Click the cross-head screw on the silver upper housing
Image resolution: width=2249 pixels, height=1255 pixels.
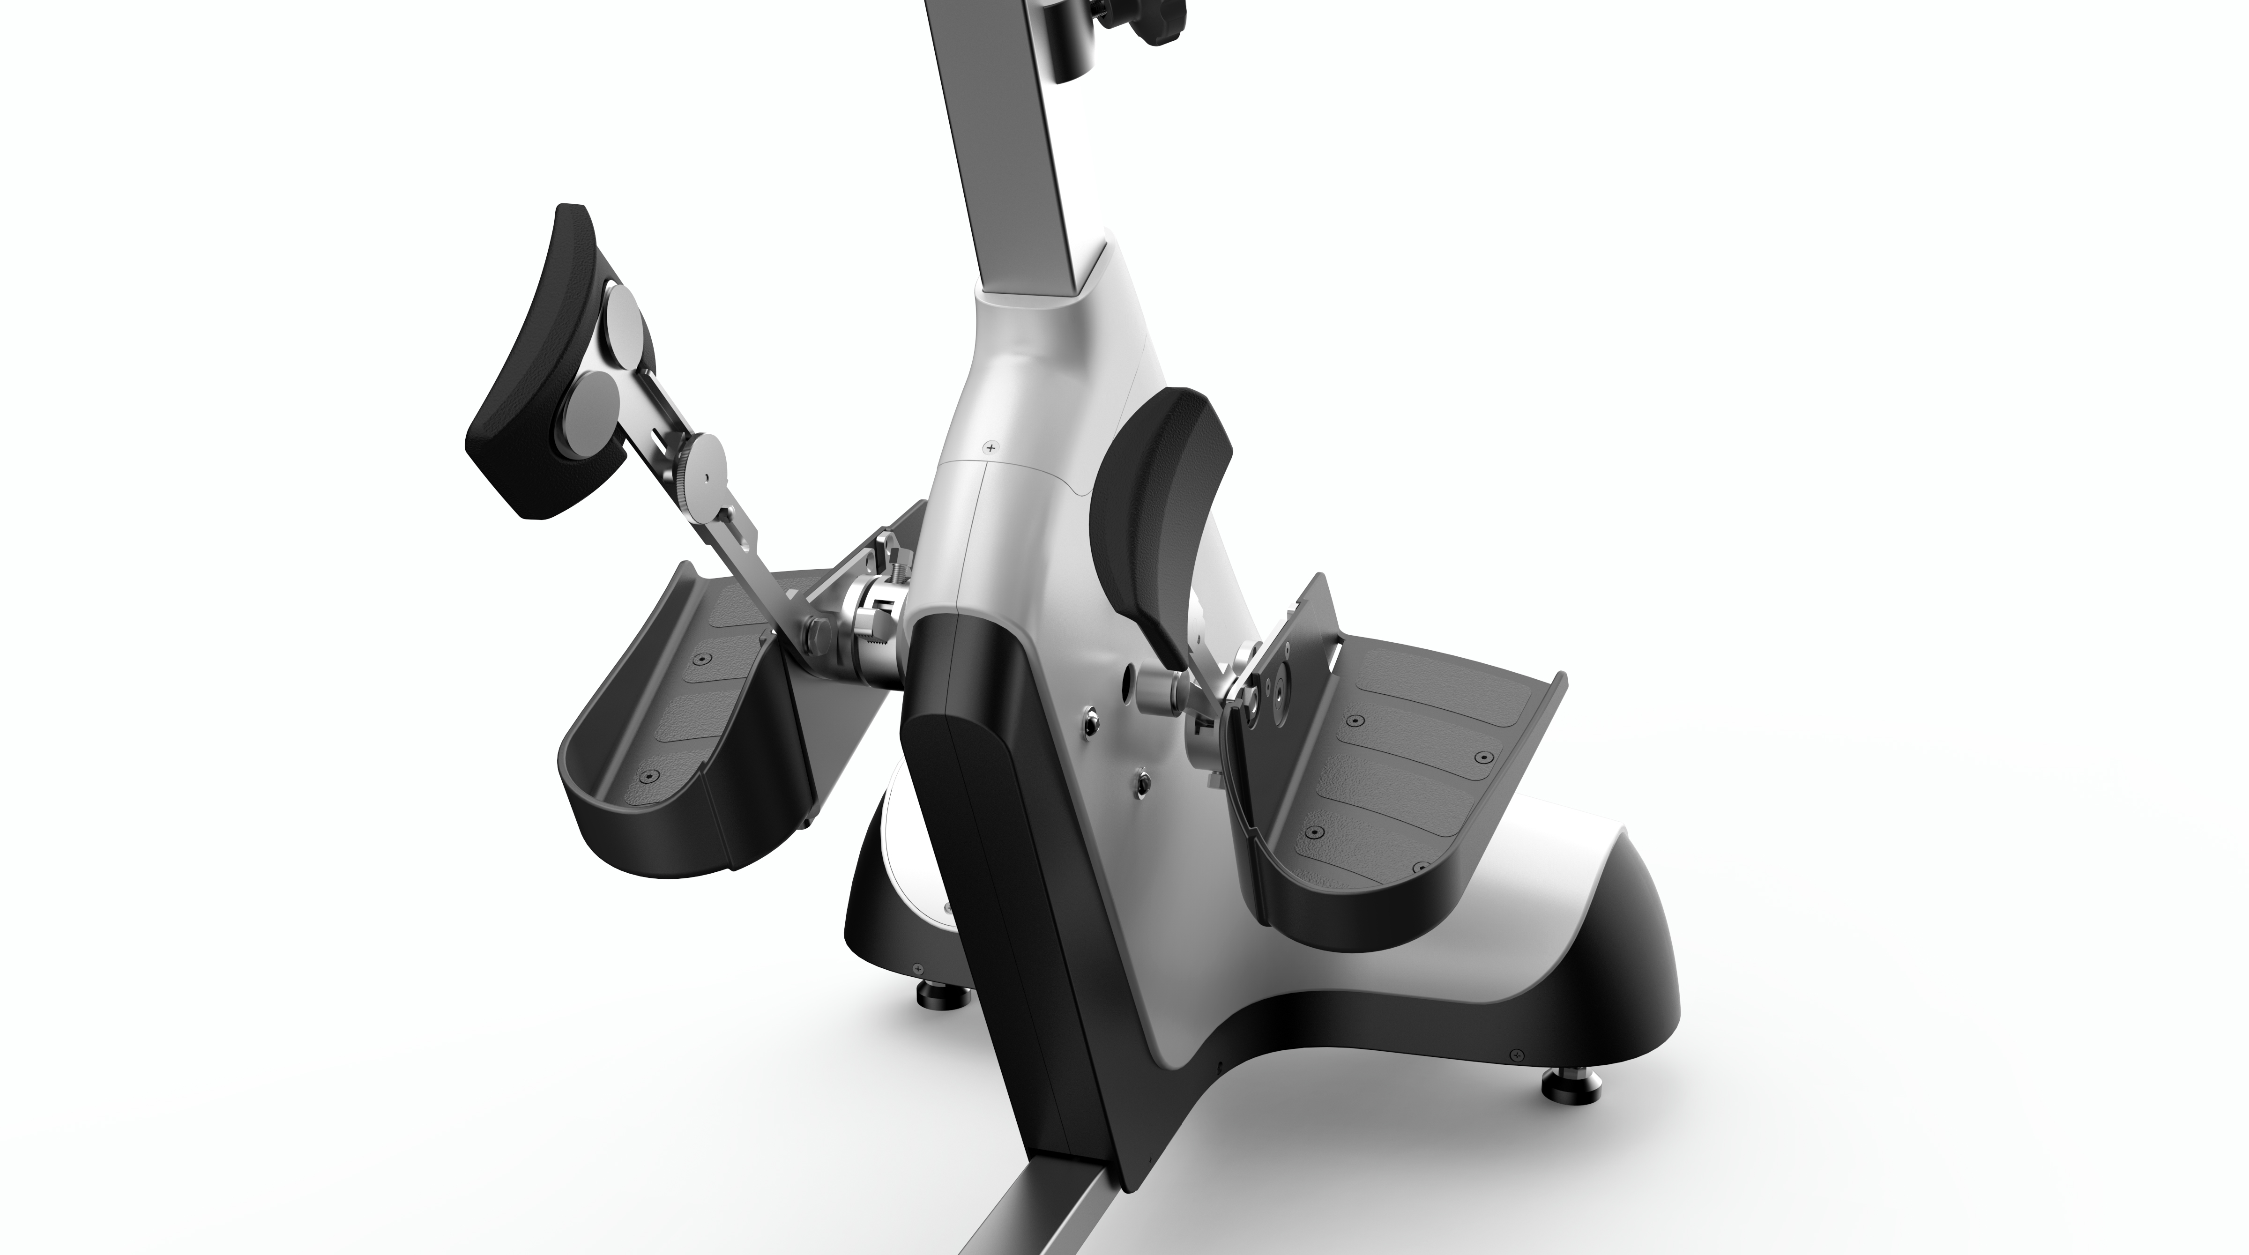pos(989,448)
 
